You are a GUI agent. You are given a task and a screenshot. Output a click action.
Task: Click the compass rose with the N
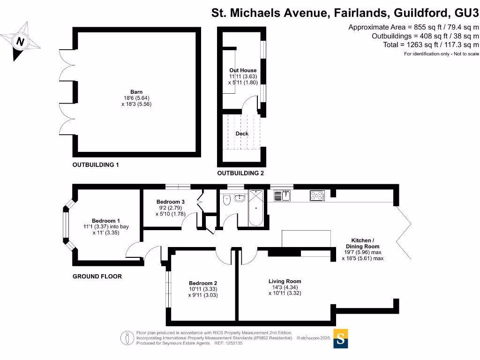click(x=20, y=42)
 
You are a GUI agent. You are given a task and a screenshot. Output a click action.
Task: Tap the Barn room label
click(x=136, y=92)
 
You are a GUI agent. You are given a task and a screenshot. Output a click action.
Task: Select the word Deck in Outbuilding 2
click(x=242, y=134)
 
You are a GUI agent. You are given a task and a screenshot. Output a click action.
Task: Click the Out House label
click(x=243, y=70)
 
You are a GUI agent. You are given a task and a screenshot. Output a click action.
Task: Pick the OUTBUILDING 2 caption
click(x=240, y=173)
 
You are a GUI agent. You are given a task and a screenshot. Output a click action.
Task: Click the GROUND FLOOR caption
click(x=97, y=276)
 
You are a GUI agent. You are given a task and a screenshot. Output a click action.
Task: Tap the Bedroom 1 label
click(x=106, y=221)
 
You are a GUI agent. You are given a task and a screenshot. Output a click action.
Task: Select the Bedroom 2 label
click(x=203, y=283)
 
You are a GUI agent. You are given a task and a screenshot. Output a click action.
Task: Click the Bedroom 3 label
click(x=171, y=202)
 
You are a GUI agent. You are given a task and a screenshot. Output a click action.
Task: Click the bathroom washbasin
click(x=240, y=198)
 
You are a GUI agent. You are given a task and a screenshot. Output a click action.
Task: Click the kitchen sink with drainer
click(x=282, y=195)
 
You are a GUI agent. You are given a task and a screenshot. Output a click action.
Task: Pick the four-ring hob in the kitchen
click(x=317, y=195)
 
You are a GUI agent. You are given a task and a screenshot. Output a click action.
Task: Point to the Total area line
click(x=431, y=45)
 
